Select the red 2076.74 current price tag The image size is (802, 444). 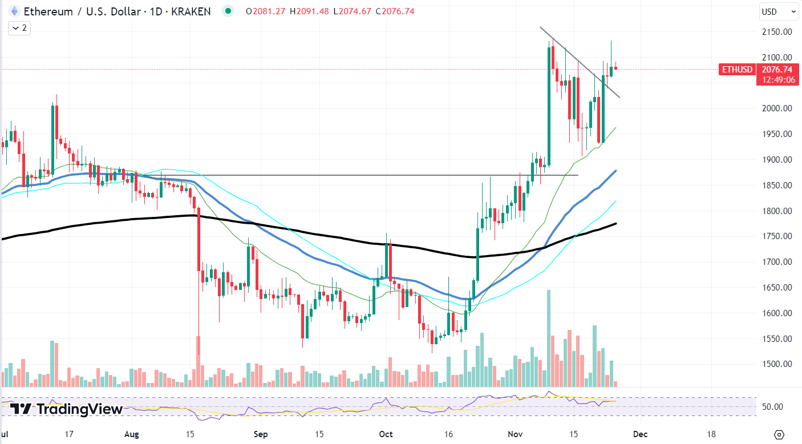[777, 70]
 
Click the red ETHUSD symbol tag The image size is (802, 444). [738, 70]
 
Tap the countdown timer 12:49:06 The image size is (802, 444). [777, 80]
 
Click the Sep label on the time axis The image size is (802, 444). [261, 434]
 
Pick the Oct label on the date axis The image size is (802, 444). [386, 434]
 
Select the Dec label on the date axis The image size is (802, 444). [641, 434]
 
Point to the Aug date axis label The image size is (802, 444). [132, 434]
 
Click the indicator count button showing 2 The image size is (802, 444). [21, 27]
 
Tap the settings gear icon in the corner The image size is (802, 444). [780, 434]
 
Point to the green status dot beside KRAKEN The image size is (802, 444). [229, 11]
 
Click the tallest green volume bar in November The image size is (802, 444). [549, 339]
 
